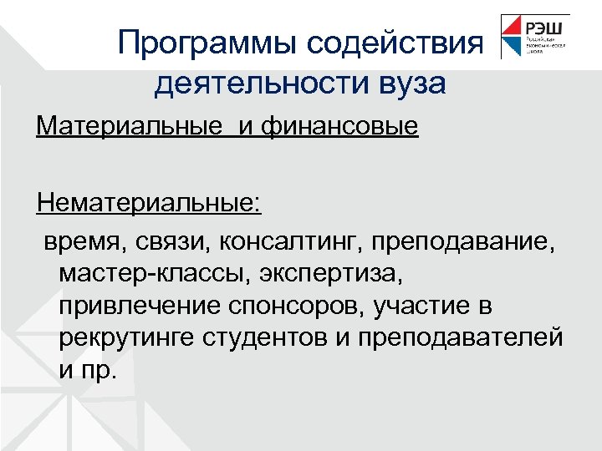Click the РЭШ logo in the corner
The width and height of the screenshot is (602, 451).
534,36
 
